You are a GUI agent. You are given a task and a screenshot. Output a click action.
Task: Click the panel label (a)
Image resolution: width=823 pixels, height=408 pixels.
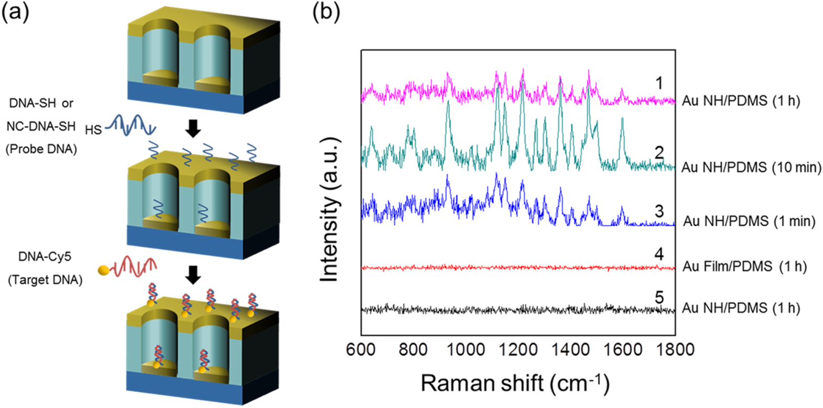point(15,12)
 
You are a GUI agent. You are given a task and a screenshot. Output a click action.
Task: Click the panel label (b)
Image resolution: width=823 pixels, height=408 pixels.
point(326,12)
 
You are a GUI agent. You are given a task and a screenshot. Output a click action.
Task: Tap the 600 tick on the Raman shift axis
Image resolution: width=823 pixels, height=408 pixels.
point(360,349)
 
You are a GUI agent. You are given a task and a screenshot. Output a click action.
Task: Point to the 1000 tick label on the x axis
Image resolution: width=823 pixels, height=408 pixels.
point(465,349)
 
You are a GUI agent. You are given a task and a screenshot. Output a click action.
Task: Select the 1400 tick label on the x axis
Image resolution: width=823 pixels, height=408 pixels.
point(570,349)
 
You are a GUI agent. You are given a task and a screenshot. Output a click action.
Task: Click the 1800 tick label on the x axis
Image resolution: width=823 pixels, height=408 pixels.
point(675,349)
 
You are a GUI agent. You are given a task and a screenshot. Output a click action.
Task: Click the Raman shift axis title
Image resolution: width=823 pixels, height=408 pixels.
point(515,383)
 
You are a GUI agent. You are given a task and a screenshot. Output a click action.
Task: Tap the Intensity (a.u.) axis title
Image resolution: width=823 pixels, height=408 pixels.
point(330,210)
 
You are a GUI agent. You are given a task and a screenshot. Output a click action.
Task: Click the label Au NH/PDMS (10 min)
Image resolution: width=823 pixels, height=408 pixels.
point(751,168)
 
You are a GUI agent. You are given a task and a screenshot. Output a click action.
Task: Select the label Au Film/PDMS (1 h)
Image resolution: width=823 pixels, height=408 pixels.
point(744,267)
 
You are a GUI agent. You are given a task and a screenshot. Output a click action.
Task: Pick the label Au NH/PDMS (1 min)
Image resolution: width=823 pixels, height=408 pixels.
point(749,222)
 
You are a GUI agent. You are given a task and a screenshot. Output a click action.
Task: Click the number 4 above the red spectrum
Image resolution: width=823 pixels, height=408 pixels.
point(659,254)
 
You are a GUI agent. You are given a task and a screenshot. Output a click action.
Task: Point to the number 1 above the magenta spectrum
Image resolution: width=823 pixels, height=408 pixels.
point(659,83)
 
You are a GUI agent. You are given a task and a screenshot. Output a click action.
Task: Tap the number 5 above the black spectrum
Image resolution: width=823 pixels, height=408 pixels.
point(659,297)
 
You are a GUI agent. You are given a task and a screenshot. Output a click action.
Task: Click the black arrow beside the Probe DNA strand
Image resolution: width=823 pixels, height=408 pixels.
point(193,128)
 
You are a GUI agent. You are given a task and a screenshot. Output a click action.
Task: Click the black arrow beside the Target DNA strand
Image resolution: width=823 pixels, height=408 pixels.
point(193,274)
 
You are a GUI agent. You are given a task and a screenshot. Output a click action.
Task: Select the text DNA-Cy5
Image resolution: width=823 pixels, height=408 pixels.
point(45,257)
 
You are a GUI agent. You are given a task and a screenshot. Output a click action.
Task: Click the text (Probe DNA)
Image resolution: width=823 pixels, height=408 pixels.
point(41,149)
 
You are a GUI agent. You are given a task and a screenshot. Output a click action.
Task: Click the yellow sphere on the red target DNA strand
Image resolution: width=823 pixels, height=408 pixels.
point(104,270)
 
